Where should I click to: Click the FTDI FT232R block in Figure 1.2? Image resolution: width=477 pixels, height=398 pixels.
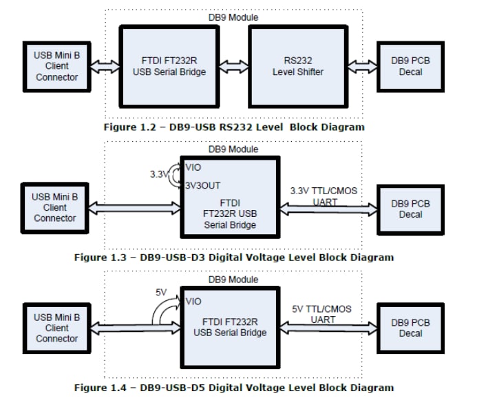[x=169, y=67]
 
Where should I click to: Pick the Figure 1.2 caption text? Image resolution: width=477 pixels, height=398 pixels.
[x=233, y=127]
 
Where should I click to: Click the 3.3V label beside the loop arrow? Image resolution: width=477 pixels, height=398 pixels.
[x=159, y=175]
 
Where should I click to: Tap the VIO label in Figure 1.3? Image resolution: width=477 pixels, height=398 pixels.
[x=193, y=166]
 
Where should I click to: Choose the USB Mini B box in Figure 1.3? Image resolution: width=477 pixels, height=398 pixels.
[x=54, y=207]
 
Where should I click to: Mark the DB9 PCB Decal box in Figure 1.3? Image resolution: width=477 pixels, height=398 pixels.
[x=411, y=209]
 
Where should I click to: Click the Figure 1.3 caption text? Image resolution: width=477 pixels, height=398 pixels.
[x=233, y=258]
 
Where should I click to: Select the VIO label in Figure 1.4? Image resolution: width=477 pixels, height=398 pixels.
[x=193, y=301]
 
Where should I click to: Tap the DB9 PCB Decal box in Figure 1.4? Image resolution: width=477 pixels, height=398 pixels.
[x=411, y=328]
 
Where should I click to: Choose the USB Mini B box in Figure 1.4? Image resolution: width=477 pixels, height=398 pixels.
[x=56, y=328]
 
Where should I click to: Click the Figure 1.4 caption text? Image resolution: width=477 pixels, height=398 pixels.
[x=233, y=388]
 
